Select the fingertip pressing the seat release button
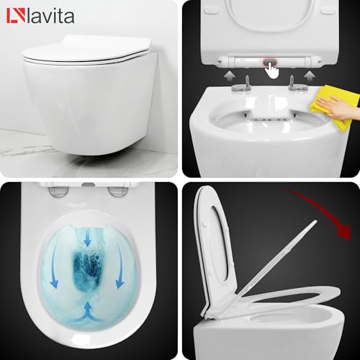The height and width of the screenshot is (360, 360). pyautogui.click(x=272, y=70)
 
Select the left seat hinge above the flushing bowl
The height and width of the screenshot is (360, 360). pyautogui.click(x=58, y=190)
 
